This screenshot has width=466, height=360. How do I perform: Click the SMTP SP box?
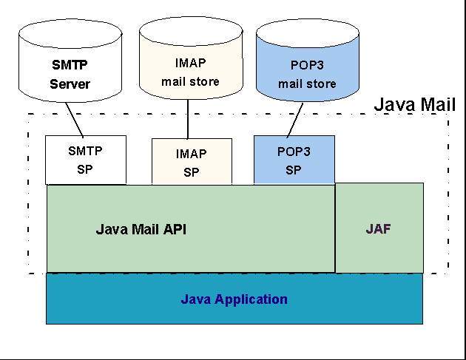click(x=85, y=160)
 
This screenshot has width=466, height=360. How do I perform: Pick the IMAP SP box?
click(x=191, y=163)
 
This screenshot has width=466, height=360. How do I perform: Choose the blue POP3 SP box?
click(x=294, y=160)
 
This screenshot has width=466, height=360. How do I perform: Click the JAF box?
click(x=379, y=228)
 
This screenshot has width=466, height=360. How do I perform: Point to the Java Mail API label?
click(x=141, y=229)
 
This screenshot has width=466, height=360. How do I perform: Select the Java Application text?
click(x=234, y=299)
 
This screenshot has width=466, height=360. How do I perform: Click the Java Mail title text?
click(x=414, y=103)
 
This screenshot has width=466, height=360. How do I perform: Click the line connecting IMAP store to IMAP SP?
click(x=189, y=120)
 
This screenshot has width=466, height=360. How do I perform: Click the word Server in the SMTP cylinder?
click(x=70, y=84)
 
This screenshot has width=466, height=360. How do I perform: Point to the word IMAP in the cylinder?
click(x=191, y=62)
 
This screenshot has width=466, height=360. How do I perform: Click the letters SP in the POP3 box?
click(x=294, y=169)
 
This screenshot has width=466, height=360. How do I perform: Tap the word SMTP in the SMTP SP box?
click(x=85, y=151)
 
